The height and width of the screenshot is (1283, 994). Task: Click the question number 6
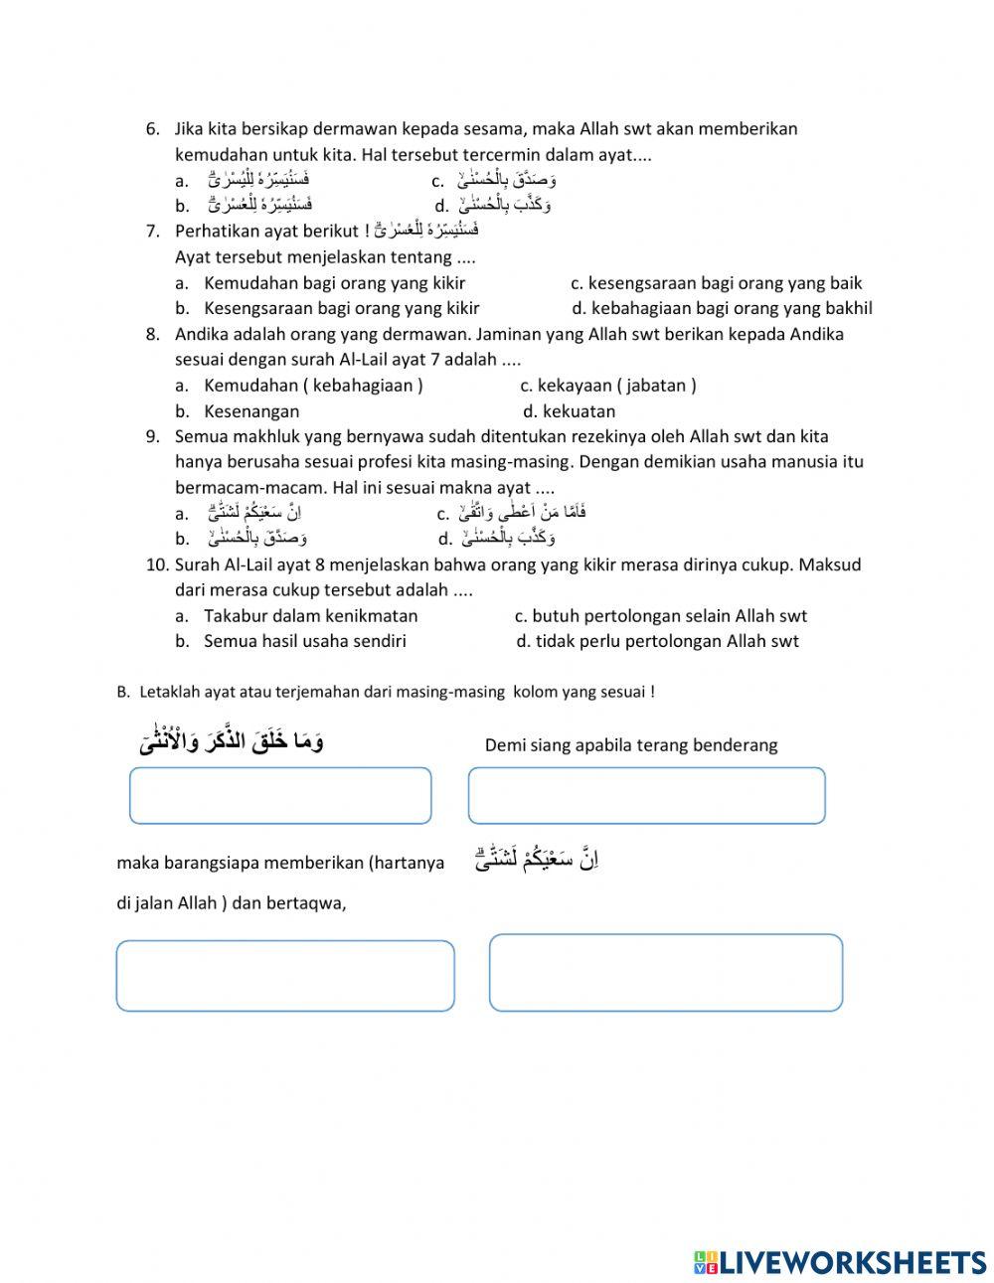click(152, 128)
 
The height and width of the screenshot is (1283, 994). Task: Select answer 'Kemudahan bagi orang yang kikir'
click(334, 282)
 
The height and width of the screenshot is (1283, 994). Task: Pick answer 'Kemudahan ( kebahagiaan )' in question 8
click(313, 385)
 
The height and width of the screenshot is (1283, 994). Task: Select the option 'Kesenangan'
click(251, 410)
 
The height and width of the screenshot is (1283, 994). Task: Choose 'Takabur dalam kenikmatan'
click(310, 615)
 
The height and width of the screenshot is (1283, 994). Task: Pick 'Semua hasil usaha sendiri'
click(304, 641)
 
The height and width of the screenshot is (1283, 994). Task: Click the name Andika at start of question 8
click(203, 334)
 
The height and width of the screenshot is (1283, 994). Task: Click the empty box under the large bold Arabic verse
click(280, 795)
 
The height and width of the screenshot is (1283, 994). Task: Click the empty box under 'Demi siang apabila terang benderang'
click(646, 795)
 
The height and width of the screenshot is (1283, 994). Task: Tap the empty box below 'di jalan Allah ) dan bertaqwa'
click(285, 976)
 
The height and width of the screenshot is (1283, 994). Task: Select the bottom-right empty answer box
click(666, 973)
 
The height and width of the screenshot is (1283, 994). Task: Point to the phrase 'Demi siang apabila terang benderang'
click(630, 745)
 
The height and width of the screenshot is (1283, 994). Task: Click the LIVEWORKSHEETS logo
click(839, 1261)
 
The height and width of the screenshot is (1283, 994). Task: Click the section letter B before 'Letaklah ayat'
click(122, 692)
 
